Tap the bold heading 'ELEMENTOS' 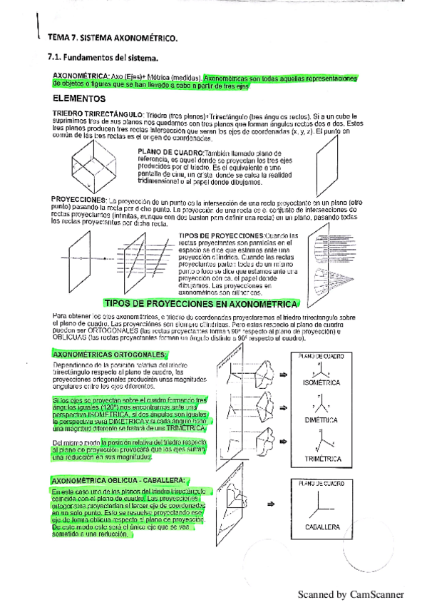click(x=80, y=98)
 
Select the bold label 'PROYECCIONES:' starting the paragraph click(x=78, y=199)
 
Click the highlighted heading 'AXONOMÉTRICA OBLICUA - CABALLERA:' click(x=119, y=481)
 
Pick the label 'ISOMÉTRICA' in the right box click(x=322, y=383)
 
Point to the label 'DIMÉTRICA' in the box click(x=322, y=421)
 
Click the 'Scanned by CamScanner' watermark click(x=350, y=594)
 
